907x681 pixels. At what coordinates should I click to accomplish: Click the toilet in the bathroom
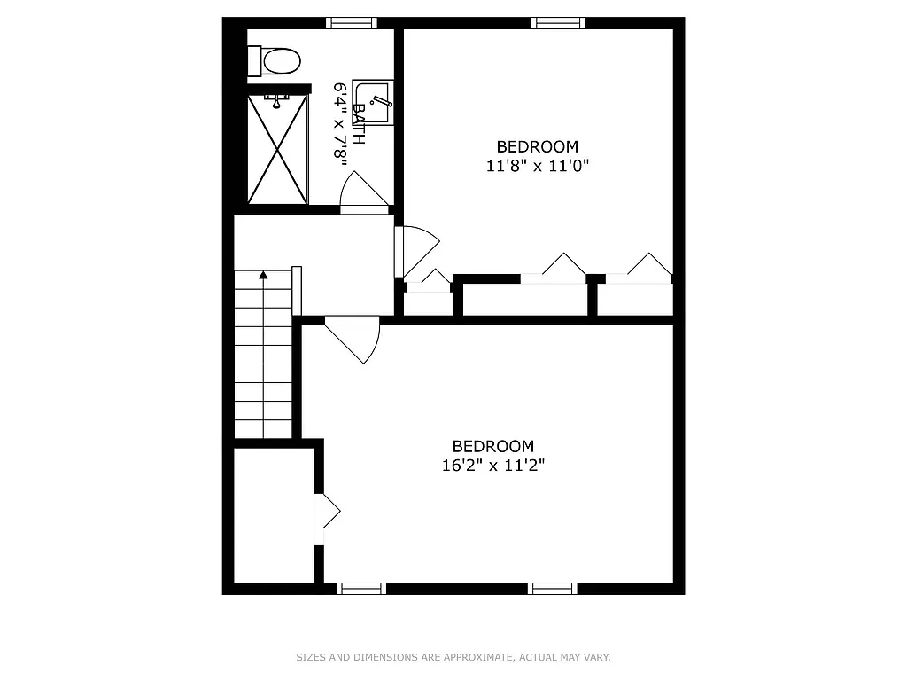click(276, 61)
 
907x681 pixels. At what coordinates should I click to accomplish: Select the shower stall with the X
click(277, 149)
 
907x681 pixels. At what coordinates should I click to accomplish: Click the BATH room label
click(359, 125)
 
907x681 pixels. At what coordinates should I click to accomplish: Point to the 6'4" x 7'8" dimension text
click(338, 122)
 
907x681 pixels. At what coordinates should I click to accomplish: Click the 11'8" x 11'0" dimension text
click(538, 165)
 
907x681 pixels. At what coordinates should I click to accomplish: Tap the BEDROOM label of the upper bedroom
click(538, 146)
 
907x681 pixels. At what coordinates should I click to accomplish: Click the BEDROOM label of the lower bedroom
click(493, 446)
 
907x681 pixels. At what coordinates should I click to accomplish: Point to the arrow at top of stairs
click(263, 276)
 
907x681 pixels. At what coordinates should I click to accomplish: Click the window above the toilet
click(352, 23)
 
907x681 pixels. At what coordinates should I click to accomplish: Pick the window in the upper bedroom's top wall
click(558, 23)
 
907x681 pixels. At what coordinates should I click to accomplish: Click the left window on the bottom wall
click(361, 588)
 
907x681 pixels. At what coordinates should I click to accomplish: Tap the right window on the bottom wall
click(553, 588)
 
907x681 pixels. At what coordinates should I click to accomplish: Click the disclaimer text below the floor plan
click(453, 657)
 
